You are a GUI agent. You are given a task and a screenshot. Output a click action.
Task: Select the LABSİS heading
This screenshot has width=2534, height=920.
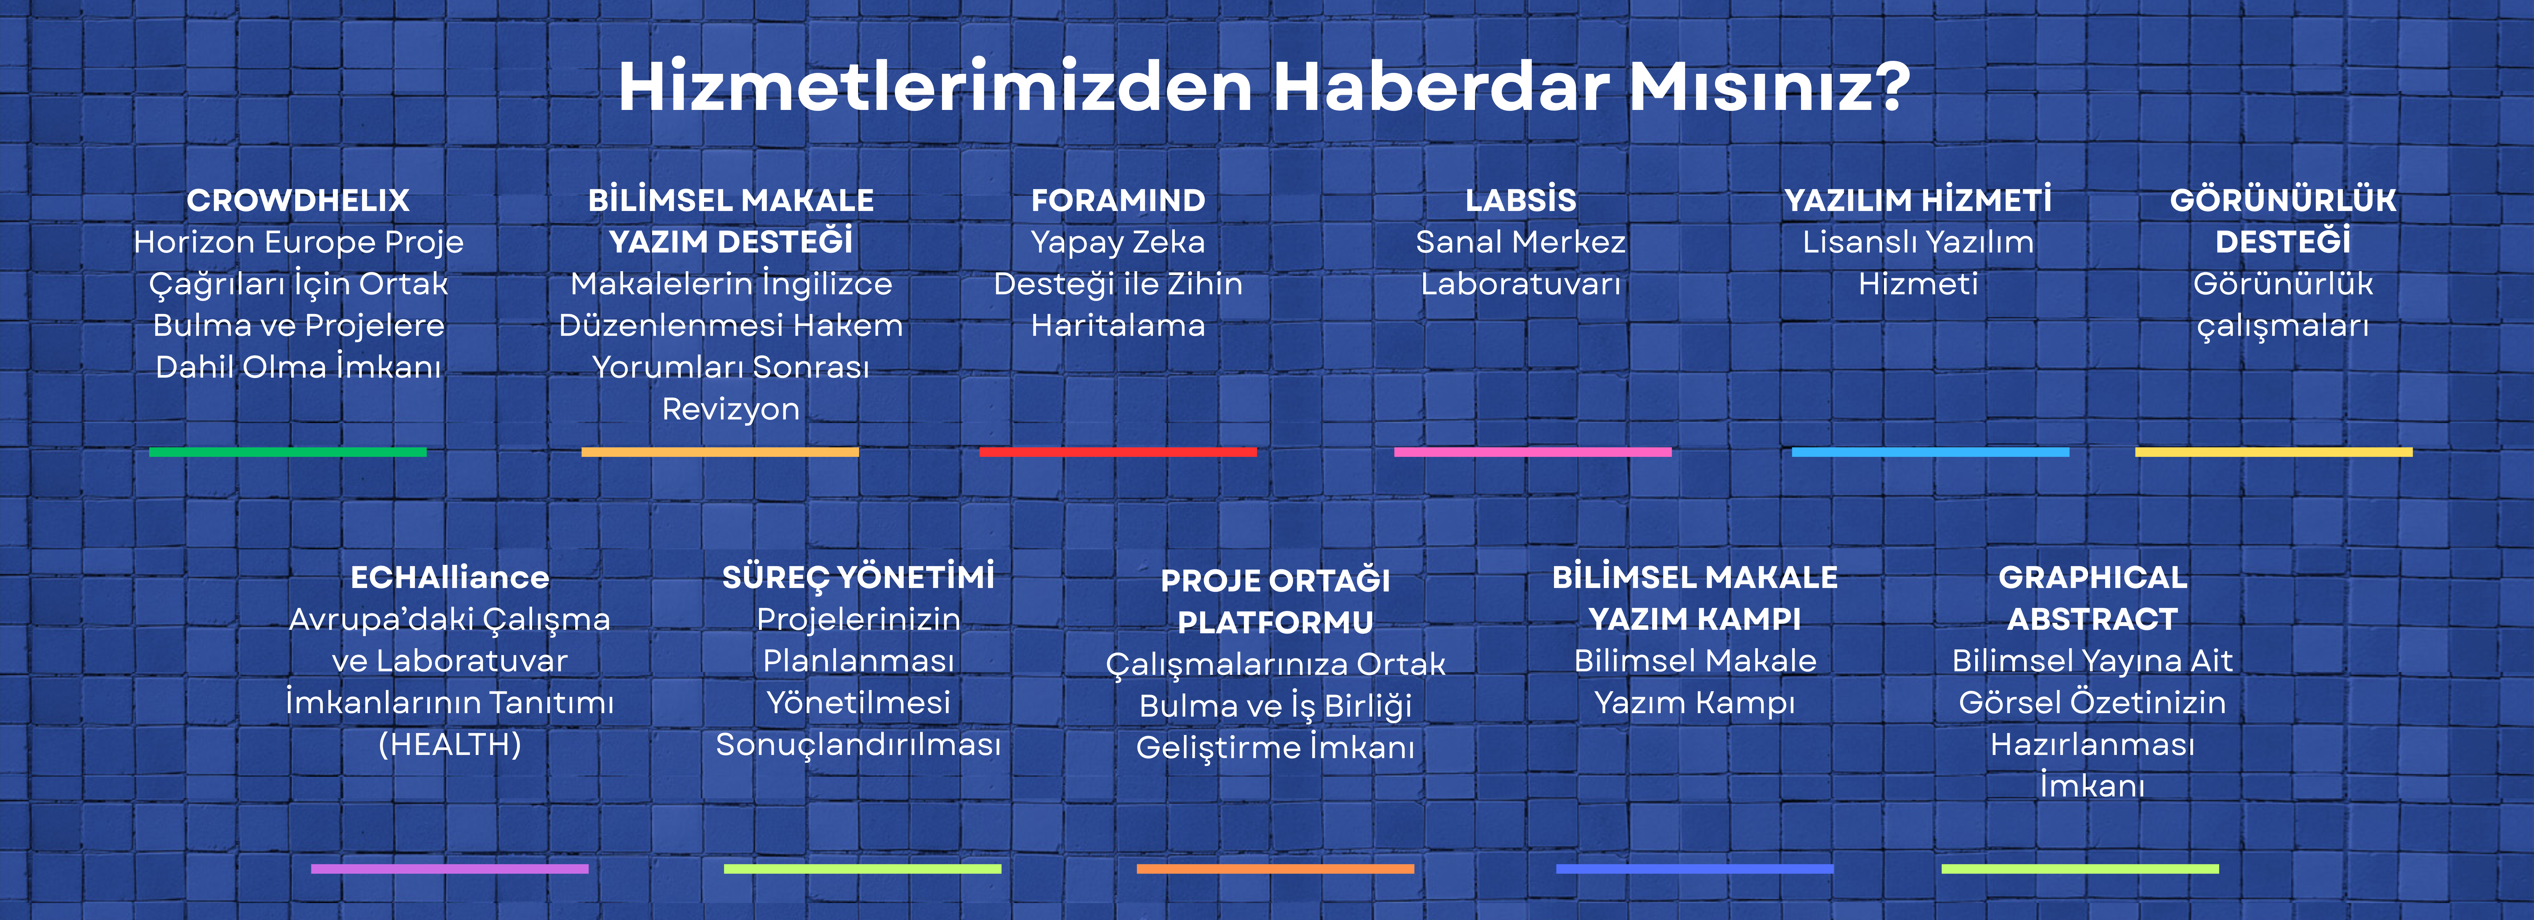1521,200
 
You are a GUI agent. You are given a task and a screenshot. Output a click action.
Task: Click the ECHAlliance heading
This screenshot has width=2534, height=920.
449,578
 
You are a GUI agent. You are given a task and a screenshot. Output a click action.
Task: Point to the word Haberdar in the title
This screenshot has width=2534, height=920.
1441,86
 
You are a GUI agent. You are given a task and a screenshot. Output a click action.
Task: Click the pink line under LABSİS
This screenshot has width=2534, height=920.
1533,452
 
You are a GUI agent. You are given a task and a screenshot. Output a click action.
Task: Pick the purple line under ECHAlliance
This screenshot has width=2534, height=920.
449,869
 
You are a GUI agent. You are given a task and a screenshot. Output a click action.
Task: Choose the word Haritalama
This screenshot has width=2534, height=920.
1118,326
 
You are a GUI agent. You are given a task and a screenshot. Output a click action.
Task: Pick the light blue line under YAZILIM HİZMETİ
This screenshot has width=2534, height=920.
1930,452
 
